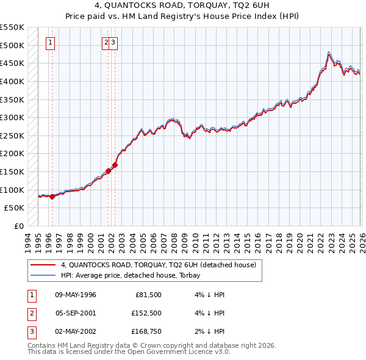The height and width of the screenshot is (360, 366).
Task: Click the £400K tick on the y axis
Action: (12, 81)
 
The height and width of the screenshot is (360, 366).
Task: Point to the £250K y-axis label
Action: (12, 135)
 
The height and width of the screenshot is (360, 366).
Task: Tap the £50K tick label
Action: (15, 207)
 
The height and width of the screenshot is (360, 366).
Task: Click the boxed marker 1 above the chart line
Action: (49, 43)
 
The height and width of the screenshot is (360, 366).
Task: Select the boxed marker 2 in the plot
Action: (106, 43)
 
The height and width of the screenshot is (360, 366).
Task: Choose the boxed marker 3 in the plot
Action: (114, 43)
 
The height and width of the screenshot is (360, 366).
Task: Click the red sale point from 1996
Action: (52, 196)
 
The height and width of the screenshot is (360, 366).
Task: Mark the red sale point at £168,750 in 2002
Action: (115, 165)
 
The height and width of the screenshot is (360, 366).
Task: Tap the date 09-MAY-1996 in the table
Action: (76, 295)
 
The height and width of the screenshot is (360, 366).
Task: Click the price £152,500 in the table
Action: (146, 313)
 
